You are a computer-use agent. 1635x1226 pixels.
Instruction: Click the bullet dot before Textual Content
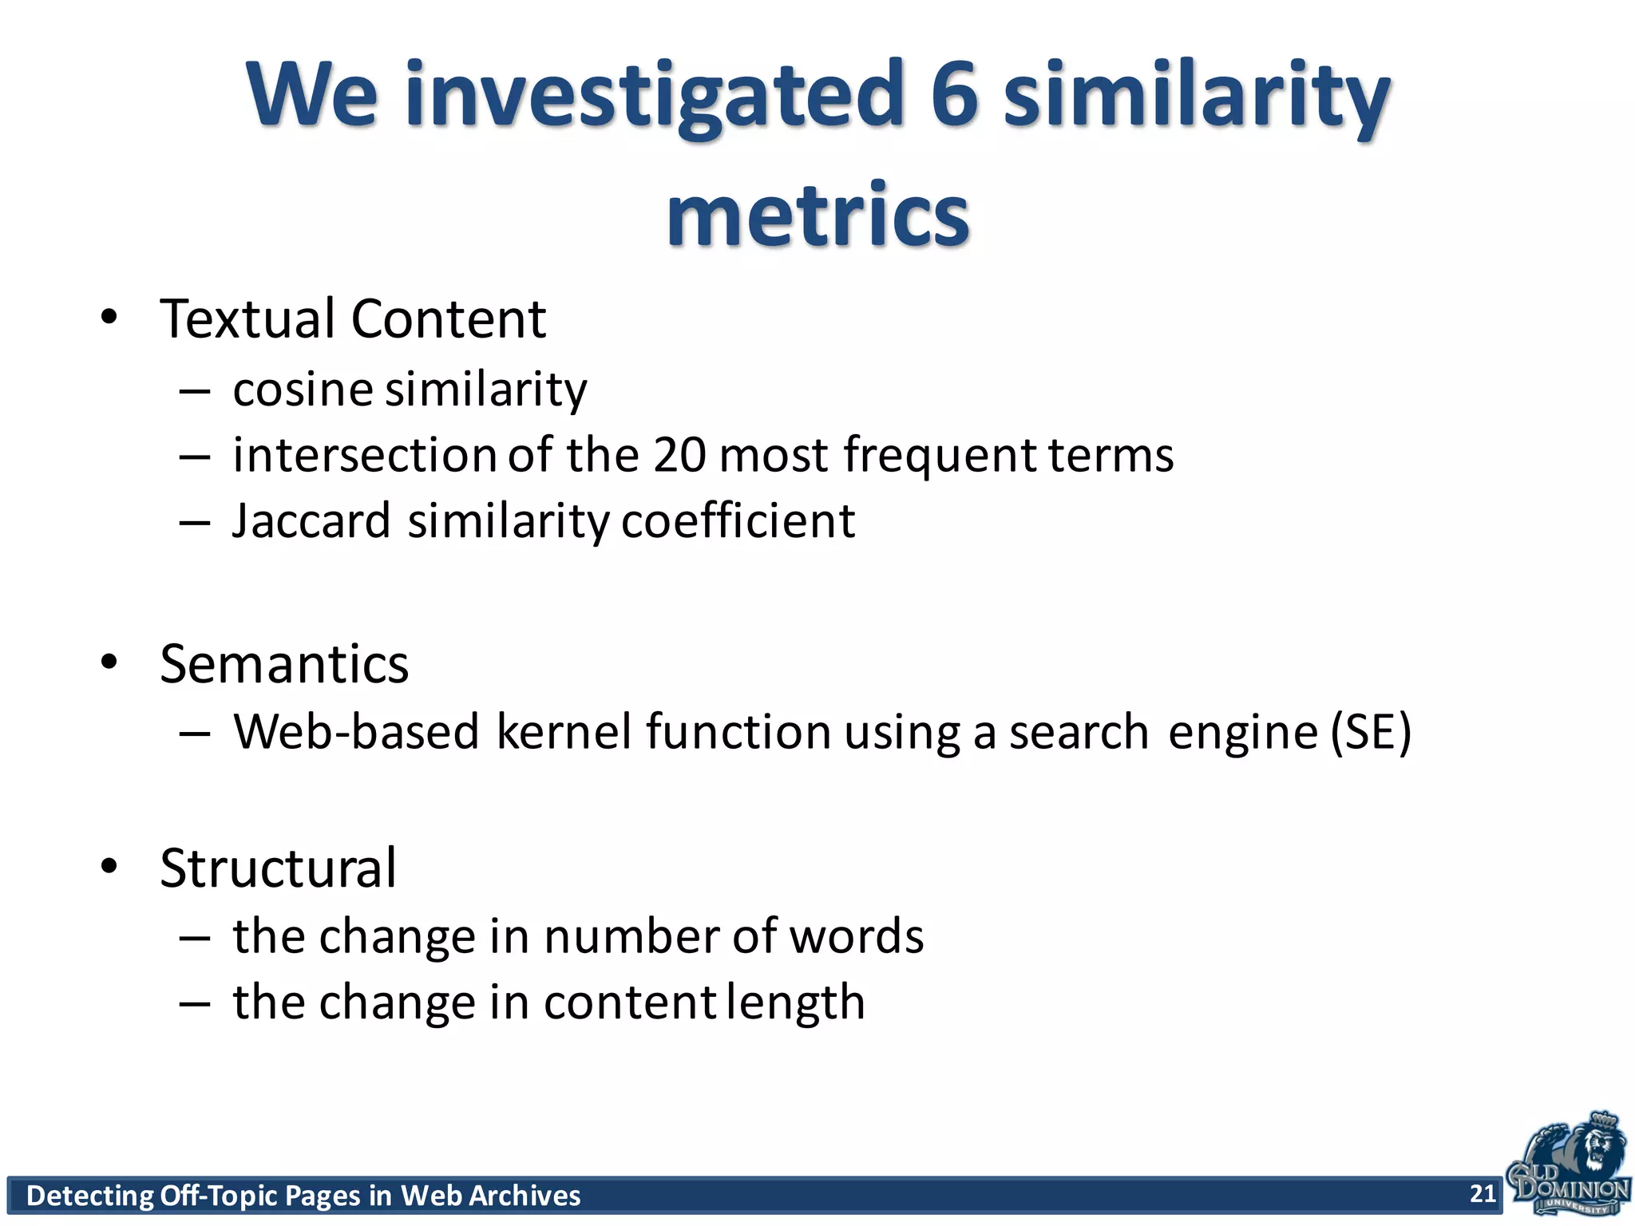point(109,318)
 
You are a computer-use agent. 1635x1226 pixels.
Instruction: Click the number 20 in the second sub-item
point(679,455)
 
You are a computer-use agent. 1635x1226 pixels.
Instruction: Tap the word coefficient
point(738,521)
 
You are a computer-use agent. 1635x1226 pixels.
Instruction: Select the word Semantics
point(284,664)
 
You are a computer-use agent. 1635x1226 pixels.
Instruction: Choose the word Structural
point(278,868)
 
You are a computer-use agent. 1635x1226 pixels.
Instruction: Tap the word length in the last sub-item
point(796,1003)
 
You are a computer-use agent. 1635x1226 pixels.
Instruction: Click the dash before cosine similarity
point(194,391)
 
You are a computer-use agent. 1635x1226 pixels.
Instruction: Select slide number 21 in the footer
point(1483,1193)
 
